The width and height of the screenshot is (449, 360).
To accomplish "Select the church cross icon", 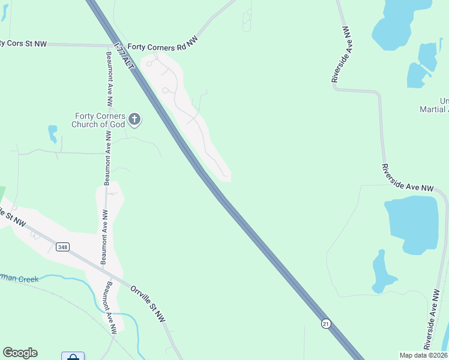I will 134,119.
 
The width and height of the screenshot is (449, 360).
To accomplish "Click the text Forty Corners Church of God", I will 98,120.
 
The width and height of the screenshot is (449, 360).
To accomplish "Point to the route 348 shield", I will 62,247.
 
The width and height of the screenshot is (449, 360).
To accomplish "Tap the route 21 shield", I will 325,323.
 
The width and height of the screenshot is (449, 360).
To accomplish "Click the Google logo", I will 20,353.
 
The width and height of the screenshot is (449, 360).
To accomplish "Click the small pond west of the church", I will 53,133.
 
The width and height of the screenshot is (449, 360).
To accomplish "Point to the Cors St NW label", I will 24,43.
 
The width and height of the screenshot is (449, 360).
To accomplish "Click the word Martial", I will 435,109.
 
